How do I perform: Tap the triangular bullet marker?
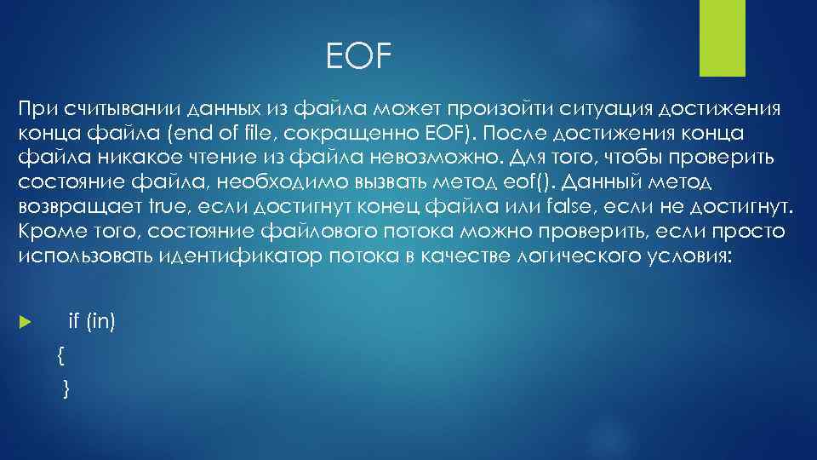click(x=24, y=324)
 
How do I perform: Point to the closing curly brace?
click(x=66, y=388)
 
